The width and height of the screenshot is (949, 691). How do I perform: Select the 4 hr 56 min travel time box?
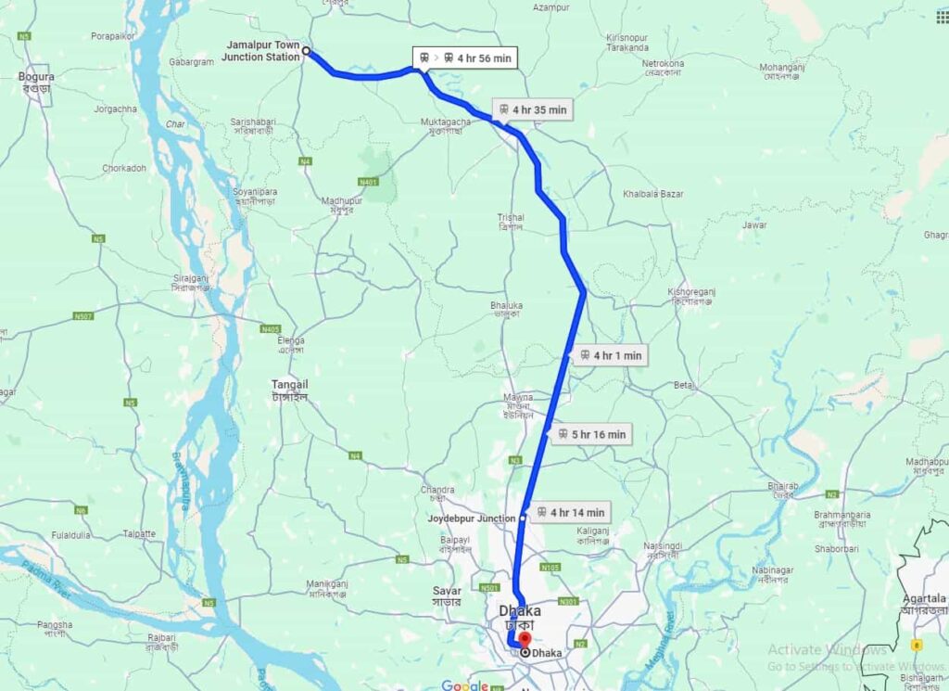[464, 58]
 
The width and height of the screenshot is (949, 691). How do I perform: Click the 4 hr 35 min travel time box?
[532, 109]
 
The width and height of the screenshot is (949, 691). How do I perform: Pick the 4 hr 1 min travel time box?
[609, 355]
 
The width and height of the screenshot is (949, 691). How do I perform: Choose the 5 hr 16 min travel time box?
[590, 434]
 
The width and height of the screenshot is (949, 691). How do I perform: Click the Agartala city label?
[922, 604]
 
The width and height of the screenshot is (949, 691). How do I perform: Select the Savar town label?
[447, 595]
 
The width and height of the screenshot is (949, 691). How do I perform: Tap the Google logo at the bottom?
[464, 685]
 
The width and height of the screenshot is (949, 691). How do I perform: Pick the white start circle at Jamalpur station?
[306, 52]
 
